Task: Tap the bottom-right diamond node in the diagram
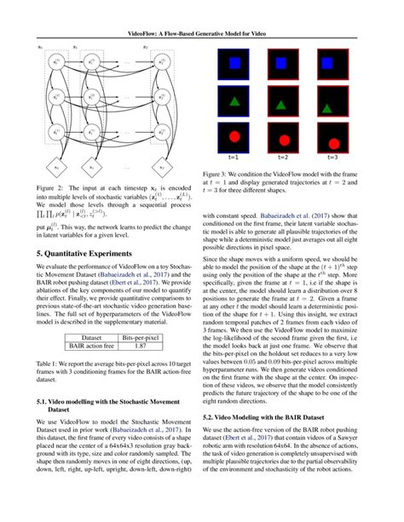[170, 163]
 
